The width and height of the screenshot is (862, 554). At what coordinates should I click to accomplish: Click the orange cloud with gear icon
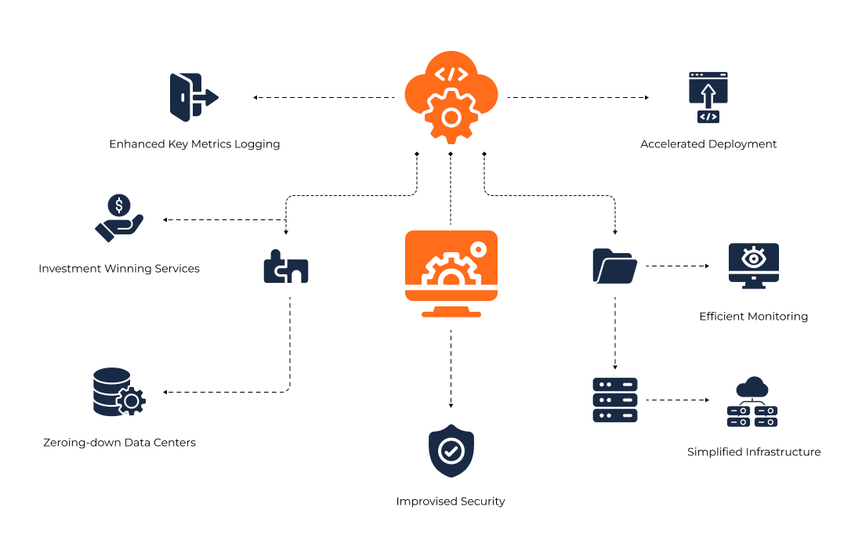tap(451, 97)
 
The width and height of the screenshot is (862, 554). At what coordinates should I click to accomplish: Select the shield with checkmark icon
tap(451, 451)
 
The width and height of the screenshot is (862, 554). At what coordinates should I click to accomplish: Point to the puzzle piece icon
tap(285, 267)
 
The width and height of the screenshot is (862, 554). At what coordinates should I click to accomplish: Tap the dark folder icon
tap(614, 266)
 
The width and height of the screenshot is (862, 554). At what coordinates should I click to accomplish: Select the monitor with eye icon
tap(753, 265)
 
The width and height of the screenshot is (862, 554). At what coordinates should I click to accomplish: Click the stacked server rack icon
tap(615, 400)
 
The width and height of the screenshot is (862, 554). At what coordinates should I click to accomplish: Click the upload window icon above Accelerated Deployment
tap(708, 97)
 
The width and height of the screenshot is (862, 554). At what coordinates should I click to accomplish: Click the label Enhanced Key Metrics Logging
tap(194, 144)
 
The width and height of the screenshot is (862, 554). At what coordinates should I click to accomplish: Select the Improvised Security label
tap(451, 501)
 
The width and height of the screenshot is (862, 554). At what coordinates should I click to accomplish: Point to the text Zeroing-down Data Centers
tap(119, 443)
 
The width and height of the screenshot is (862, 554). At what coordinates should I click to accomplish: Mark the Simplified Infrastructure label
tap(754, 452)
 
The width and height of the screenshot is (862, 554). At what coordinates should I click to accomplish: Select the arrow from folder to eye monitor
tap(677, 266)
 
